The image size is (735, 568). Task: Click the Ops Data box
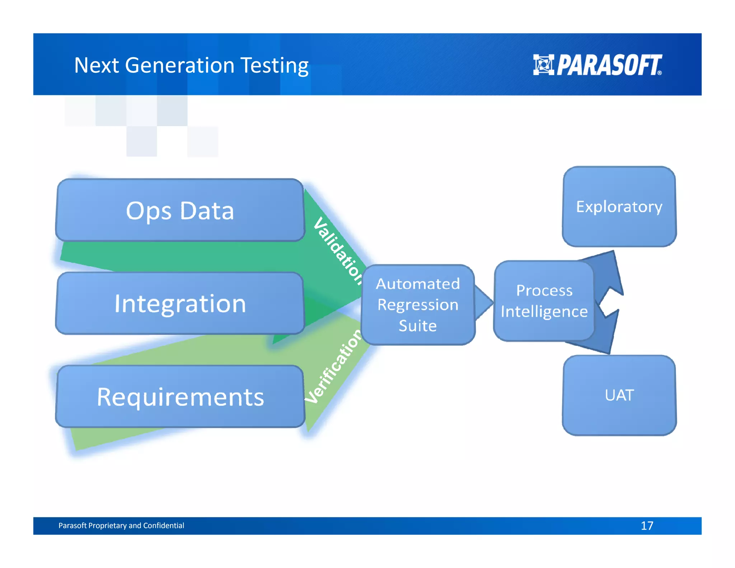point(179,210)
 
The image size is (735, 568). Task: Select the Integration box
point(179,303)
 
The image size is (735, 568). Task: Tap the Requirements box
point(179,397)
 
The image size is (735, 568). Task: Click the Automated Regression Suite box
point(418,304)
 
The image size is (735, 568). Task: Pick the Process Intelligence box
point(544,301)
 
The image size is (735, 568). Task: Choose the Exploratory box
point(619,206)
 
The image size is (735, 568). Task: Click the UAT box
point(619,395)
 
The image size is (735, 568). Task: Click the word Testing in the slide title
point(275,66)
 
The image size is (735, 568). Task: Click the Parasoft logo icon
point(543,65)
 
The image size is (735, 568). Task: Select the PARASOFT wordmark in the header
point(609,65)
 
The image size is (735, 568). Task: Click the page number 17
point(647,526)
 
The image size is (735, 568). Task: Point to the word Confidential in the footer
point(163,526)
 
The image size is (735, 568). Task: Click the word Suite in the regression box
point(418,326)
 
